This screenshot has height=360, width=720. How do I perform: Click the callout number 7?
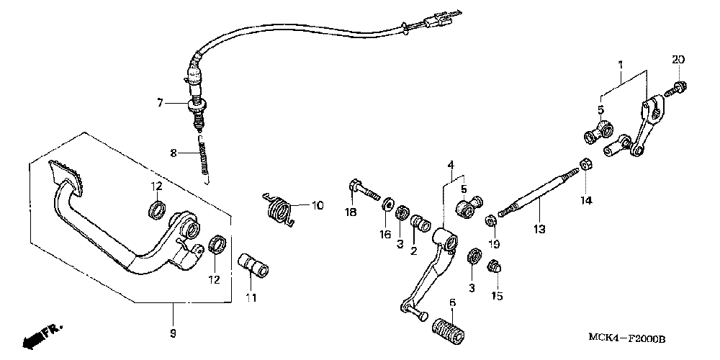tap(161, 104)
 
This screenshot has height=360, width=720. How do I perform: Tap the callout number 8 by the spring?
tap(173, 152)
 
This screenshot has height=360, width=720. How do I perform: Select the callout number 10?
tap(318, 205)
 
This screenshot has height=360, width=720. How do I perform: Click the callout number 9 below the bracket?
tap(173, 333)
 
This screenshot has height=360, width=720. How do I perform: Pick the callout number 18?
tap(351, 212)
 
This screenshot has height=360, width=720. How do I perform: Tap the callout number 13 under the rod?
tap(539, 230)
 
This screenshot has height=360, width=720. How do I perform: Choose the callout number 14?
tap(586, 201)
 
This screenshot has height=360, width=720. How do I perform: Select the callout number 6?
tap(451, 302)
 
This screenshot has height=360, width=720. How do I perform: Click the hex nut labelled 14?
tap(586, 164)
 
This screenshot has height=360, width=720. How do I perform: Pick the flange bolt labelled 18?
tap(363, 189)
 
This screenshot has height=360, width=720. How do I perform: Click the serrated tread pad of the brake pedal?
tap(68, 174)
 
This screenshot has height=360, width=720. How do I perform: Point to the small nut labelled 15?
tap(494, 269)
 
